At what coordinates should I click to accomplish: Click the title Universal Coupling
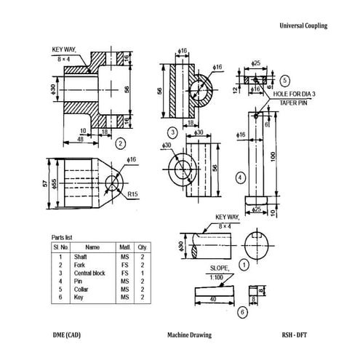[303, 25]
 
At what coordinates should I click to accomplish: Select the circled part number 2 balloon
[121, 143]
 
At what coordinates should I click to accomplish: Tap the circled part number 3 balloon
[172, 132]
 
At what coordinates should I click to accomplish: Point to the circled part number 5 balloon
[286, 81]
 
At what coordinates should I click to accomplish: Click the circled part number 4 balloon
[240, 177]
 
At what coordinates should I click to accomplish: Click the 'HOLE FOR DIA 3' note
[295, 95]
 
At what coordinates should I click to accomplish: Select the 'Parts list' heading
[62, 238]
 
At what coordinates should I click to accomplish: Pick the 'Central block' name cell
[90, 273]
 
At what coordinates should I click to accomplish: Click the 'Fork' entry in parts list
[80, 265]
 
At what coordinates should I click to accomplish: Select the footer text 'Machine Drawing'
[188, 335]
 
